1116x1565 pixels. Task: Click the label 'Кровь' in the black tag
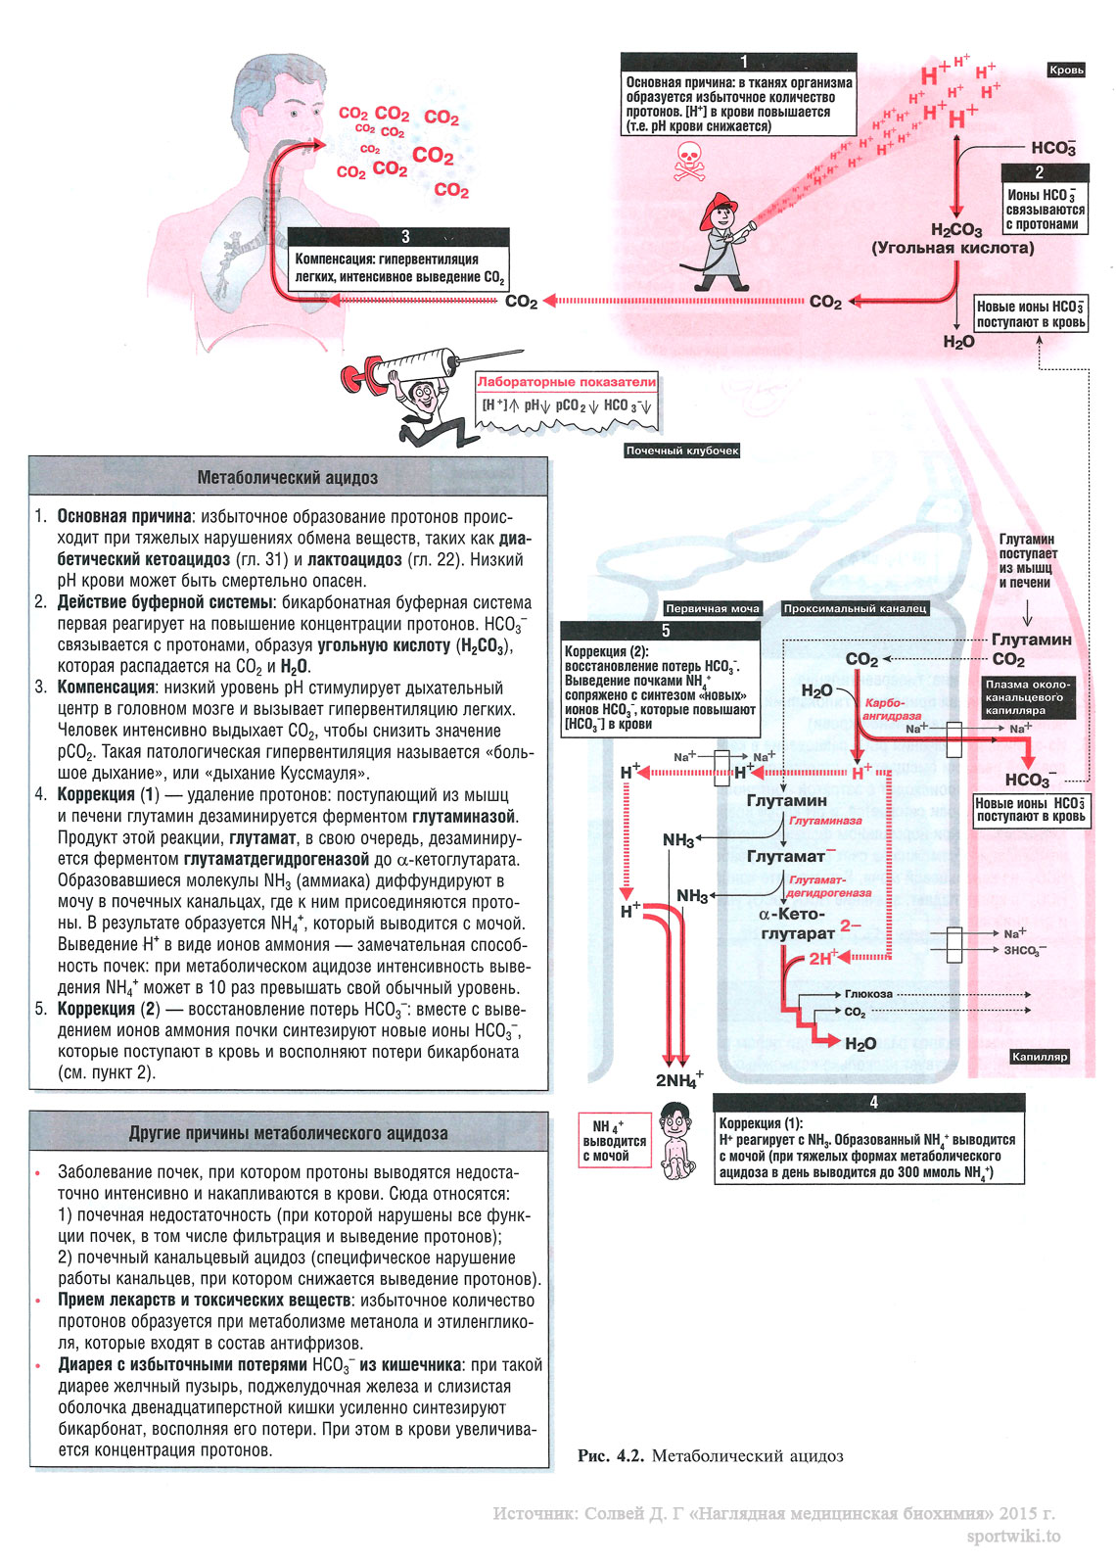point(1066,70)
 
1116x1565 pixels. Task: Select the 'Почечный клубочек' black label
point(682,451)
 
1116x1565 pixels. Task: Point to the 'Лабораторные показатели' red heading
point(567,382)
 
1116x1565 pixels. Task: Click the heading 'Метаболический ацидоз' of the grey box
point(288,478)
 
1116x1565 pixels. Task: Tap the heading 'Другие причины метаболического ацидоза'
point(288,1133)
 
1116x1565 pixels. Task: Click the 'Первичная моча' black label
point(713,608)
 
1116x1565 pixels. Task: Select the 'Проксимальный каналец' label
point(855,608)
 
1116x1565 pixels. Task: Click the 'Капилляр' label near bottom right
point(1040,1057)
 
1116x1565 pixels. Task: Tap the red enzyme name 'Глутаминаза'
point(825,821)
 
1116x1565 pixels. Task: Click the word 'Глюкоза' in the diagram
point(869,994)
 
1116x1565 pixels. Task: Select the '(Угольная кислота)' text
point(953,248)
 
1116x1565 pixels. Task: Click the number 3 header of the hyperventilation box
point(405,237)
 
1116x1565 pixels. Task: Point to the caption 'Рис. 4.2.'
point(610,1456)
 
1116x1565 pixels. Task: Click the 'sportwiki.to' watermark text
point(1013,1537)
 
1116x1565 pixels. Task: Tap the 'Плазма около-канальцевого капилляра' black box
point(1028,697)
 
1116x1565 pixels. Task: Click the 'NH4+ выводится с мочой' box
point(614,1141)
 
